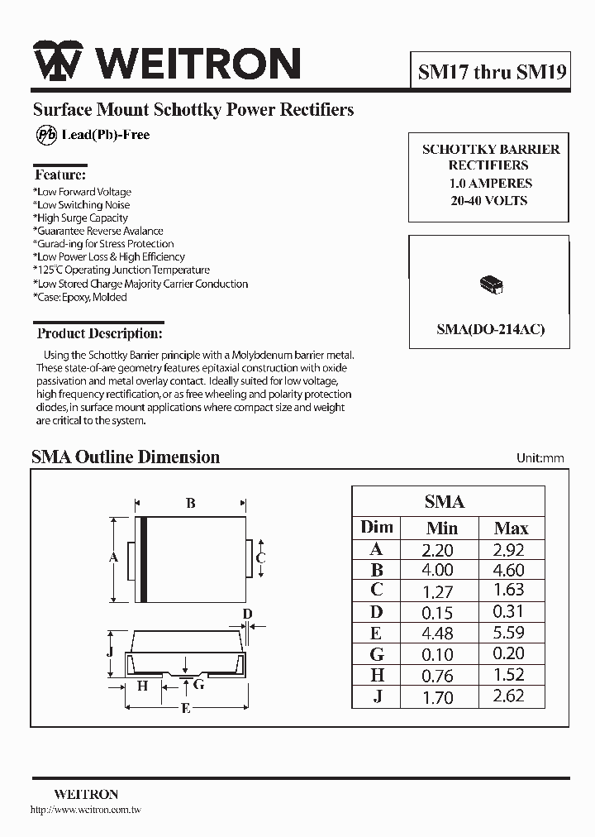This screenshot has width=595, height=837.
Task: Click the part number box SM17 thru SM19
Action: coord(492,72)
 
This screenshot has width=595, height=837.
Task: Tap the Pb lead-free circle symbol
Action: coord(47,135)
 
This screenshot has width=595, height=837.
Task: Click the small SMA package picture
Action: coord(492,285)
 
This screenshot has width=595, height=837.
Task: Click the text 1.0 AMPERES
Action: coord(491,183)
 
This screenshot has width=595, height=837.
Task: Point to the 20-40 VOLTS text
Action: coord(489,200)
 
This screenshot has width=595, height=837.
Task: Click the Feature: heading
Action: coord(59,175)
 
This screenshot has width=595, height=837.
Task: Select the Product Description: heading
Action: coord(99,334)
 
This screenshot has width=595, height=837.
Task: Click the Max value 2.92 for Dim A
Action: coord(508,549)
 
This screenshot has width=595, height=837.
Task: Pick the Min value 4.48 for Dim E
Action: coord(437,633)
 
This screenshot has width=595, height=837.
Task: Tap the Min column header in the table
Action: coord(442,528)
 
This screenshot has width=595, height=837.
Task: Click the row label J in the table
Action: coord(377,696)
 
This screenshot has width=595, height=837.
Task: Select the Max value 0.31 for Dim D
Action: coord(508,612)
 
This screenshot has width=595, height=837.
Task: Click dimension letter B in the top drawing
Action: coord(190,503)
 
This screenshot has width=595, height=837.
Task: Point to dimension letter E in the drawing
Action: coord(186,708)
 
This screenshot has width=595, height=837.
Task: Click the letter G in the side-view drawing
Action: coord(199,685)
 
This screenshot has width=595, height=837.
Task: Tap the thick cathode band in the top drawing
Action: coord(143,558)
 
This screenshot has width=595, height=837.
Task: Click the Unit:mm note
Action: coord(540,458)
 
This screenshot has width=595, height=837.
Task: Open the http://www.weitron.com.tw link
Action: coord(86,810)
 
